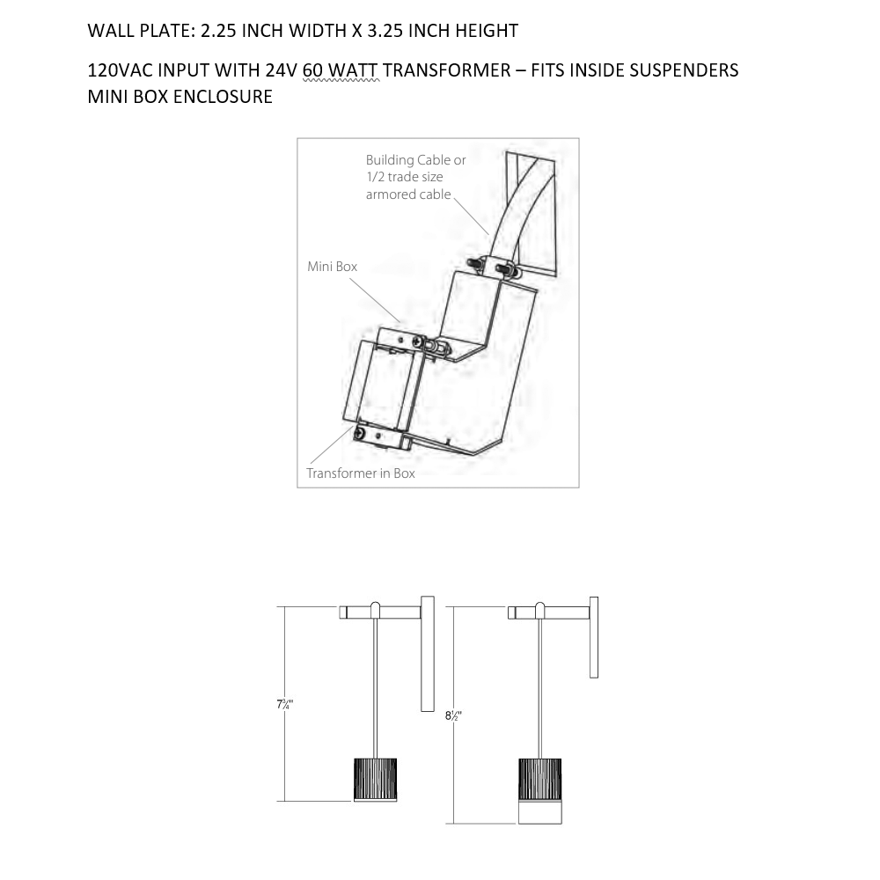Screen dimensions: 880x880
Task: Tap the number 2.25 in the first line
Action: coord(217,30)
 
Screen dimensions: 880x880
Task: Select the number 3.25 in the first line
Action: coord(385,30)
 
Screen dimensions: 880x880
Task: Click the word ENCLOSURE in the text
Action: coord(223,97)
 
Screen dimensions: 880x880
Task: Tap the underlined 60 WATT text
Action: coord(341,70)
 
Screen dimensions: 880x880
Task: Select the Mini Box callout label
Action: coord(333,266)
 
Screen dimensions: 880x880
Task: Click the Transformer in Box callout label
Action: coord(360,473)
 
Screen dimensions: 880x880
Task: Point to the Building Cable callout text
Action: coord(416,177)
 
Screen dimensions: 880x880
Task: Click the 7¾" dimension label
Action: coord(284,704)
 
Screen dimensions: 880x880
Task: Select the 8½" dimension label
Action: coord(453,716)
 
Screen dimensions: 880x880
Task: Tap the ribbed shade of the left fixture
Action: coord(375,780)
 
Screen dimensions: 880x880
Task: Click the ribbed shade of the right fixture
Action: coord(540,780)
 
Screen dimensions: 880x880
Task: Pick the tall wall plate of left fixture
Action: coord(428,654)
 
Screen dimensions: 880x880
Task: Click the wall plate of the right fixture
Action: coord(594,637)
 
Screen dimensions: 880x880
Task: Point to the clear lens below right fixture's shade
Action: coord(540,812)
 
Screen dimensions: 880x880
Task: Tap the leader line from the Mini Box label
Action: coord(375,300)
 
